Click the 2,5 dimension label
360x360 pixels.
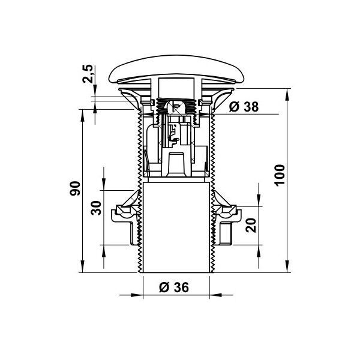tap(88, 74)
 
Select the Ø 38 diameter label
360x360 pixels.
tap(244, 107)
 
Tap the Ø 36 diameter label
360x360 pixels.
tap(174, 287)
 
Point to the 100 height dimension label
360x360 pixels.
tap(280, 175)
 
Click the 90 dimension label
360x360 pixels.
tap(75, 188)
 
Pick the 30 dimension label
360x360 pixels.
tap(96, 208)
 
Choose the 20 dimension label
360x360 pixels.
tap(250, 225)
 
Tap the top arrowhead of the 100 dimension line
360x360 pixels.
tap(287, 95)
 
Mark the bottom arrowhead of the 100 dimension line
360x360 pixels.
tap(287, 266)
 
